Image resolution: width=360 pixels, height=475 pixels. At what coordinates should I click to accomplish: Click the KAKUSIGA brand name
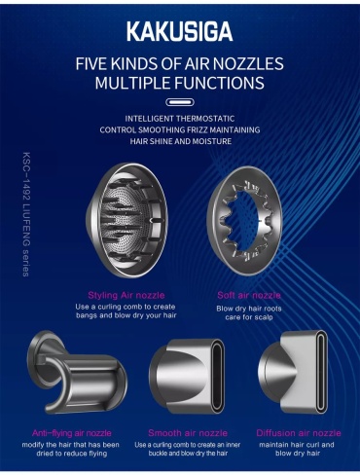coord(180,31)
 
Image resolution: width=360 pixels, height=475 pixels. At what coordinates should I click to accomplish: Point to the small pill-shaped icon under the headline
coord(180,102)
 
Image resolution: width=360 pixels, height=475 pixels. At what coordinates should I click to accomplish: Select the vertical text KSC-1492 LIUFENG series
coord(26,214)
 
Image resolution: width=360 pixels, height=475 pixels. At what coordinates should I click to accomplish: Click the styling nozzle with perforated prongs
coord(127,221)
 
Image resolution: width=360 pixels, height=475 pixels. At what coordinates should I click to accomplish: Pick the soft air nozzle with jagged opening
coord(245,221)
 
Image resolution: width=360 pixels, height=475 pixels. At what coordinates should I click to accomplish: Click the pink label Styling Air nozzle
coord(126,295)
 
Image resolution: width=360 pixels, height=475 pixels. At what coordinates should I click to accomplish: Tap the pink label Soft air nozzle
coord(249,295)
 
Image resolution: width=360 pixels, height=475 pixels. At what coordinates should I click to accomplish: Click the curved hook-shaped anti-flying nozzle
coord(78,373)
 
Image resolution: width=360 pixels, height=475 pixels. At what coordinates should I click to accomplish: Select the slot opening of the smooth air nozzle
coord(218,377)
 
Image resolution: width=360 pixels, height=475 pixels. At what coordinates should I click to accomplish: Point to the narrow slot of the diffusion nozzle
coord(321,373)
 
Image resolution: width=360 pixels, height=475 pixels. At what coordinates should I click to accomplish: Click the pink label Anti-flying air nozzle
coord(72,433)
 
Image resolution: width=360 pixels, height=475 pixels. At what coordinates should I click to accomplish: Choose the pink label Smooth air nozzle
coord(188,433)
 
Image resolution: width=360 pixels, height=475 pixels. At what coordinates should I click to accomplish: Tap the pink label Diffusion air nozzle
coord(299,433)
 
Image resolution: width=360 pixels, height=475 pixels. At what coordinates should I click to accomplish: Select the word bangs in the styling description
coord(86,315)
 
